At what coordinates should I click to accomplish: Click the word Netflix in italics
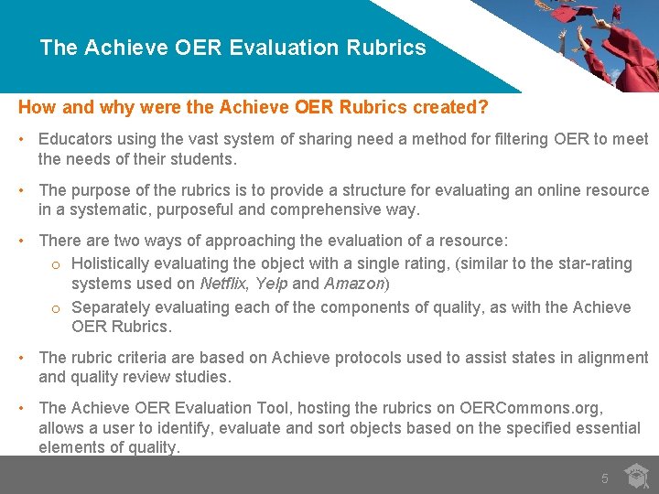click(x=224, y=284)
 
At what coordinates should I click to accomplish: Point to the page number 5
click(x=604, y=478)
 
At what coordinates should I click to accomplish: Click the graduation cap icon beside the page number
click(x=636, y=476)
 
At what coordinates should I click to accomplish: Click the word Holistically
click(x=114, y=263)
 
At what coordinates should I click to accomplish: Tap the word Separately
click(x=111, y=307)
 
